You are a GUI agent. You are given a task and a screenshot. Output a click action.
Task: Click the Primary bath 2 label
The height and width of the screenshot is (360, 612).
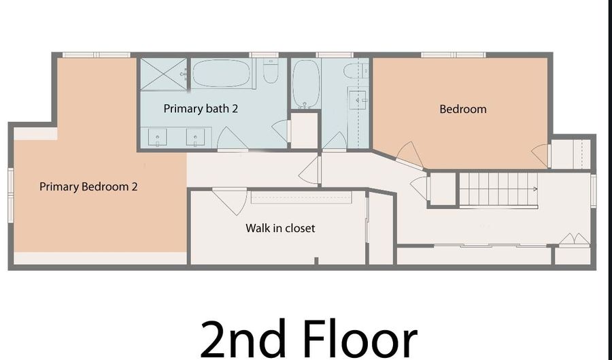(x=201, y=109)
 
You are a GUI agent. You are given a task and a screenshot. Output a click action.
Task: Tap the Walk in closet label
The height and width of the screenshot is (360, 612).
(x=280, y=228)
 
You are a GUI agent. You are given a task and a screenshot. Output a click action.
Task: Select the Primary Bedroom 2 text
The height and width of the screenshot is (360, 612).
(x=88, y=186)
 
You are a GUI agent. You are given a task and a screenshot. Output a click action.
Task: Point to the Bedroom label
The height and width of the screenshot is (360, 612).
(x=463, y=109)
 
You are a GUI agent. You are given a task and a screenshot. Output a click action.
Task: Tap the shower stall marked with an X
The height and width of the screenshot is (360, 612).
(x=163, y=74)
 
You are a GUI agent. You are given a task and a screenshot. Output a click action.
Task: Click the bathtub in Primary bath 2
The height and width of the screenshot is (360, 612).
(x=221, y=73)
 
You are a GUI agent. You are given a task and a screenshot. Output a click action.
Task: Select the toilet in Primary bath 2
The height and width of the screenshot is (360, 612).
(x=271, y=71)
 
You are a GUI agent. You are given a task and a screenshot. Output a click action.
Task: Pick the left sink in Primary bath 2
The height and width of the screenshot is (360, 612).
(x=157, y=137)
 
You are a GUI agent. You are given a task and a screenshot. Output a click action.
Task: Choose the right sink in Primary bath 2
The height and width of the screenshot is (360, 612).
(x=196, y=137)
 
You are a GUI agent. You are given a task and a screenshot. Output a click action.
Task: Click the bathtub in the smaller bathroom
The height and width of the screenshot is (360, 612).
(x=306, y=84)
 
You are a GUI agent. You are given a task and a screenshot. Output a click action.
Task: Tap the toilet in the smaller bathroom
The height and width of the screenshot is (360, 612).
(x=356, y=71)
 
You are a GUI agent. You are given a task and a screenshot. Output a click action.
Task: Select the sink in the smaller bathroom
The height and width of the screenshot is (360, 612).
(x=358, y=100)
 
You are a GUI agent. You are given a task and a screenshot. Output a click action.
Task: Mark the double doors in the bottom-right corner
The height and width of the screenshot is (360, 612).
(x=574, y=240)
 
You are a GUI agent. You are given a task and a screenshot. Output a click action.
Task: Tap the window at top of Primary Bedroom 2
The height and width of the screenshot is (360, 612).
(x=96, y=54)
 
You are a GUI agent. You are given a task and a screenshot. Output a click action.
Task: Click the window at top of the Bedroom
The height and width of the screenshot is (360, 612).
(x=453, y=54)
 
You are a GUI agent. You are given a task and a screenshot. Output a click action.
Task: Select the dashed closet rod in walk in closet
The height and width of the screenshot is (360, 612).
(x=301, y=197)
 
